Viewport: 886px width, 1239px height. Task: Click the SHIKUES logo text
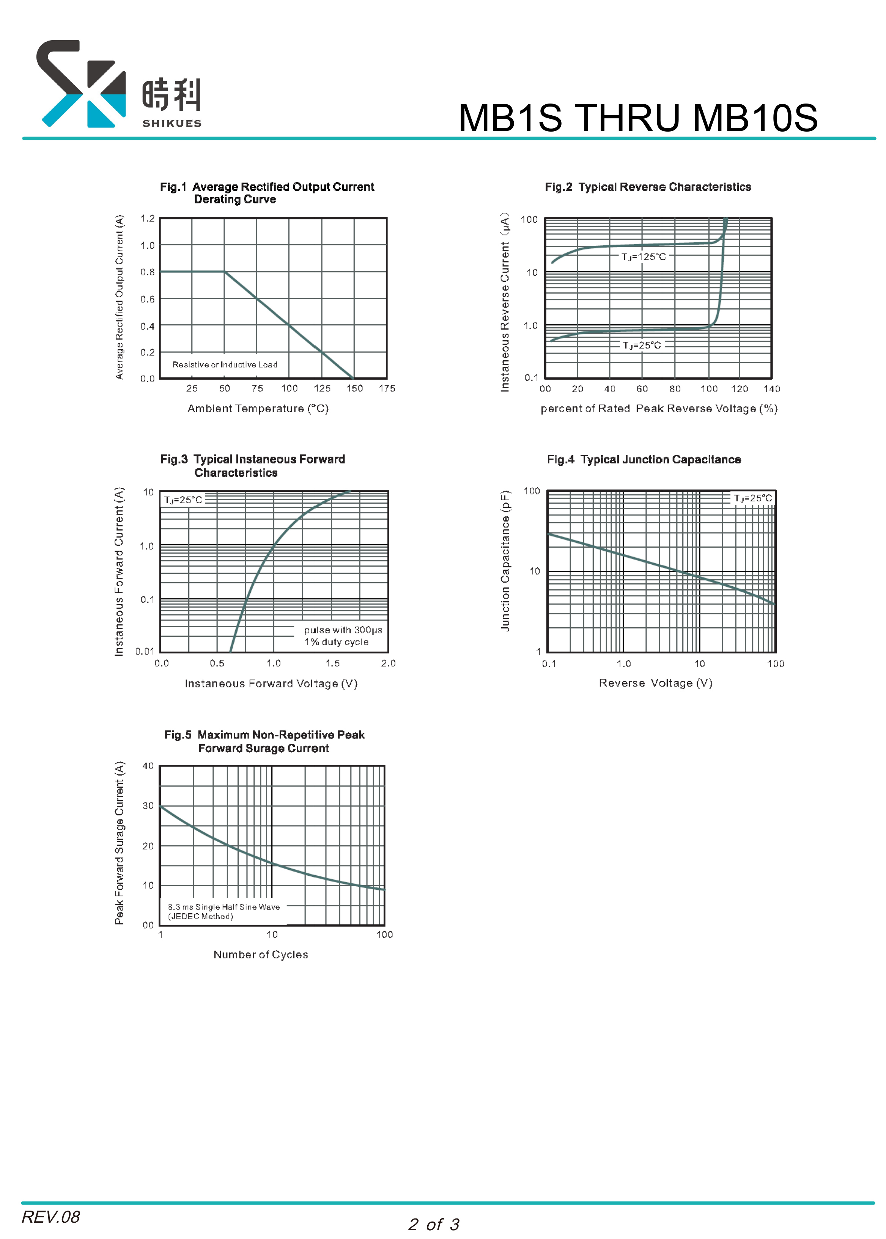point(172,123)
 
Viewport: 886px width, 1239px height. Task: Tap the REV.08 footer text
point(51,1217)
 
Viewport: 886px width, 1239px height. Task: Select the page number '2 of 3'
point(434,1224)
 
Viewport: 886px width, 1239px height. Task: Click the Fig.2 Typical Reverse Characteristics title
point(648,187)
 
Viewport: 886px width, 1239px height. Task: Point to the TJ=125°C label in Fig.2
point(644,256)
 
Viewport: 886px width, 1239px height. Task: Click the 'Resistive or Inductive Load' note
point(225,364)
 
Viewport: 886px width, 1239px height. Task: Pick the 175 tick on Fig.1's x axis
point(387,388)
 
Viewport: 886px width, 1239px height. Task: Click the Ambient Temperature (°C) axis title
point(258,408)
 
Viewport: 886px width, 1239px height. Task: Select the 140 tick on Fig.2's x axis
point(771,389)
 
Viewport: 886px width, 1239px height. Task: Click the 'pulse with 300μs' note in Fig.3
point(343,630)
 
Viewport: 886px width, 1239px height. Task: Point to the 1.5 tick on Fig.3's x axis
point(333,663)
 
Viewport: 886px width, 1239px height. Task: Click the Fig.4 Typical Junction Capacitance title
point(644,460)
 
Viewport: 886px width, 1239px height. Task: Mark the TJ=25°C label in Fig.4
point(753,498)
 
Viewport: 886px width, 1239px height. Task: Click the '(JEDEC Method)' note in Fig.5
point(200,916)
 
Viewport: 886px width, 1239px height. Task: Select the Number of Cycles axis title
point(261,954)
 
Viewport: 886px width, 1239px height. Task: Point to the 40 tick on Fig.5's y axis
point(148,766)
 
